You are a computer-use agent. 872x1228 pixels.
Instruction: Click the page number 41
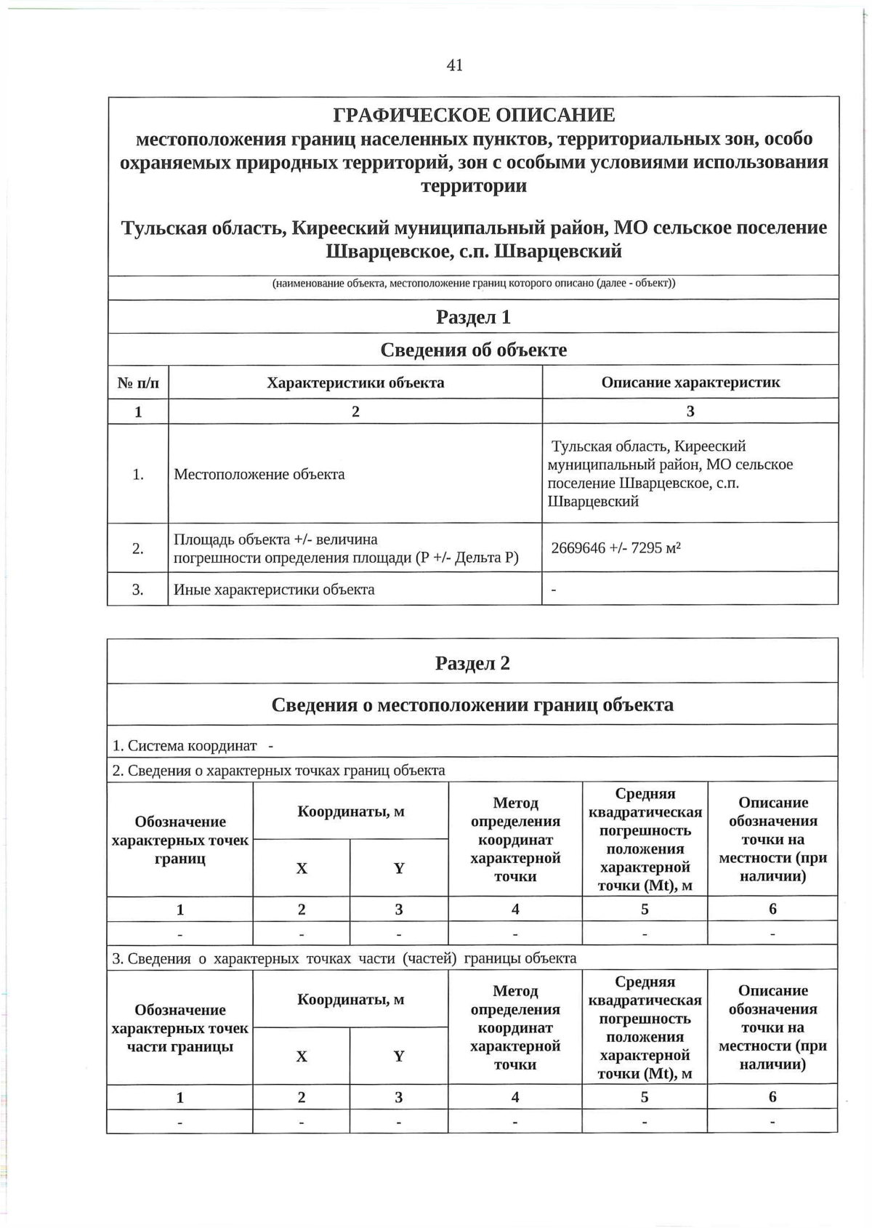pos(454,65)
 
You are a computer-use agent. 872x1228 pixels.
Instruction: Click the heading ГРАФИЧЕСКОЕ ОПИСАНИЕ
pos(474,115)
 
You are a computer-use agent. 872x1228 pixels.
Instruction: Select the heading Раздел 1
pos(473,317)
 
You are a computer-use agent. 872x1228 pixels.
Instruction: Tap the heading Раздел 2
pos(472,663)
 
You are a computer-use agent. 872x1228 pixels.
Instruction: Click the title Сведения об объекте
pos(473,350)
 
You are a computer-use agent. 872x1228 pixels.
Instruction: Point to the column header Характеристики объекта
pos(355,382)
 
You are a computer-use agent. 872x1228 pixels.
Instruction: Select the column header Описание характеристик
pos(690,382)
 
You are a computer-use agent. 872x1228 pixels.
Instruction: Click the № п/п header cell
pos(138,382)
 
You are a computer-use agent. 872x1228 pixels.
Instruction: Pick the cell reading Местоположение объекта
pos(259,474)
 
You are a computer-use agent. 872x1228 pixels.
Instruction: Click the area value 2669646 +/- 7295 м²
pos(615,547)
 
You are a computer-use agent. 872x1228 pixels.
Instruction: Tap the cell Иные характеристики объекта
pos(274,590)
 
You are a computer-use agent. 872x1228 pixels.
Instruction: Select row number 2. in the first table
pos(138,548)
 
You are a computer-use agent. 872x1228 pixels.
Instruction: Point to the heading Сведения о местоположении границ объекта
pos(472,705)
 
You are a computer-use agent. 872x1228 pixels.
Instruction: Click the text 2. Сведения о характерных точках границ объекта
pos(278,770)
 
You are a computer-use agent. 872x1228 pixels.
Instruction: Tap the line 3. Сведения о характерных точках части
pos(344,958)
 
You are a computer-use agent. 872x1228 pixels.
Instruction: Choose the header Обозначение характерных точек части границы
pos(179,1028)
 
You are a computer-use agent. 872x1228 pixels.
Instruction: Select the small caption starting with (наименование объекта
pos(473,283)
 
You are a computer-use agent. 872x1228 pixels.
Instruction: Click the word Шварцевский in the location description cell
pos(592,502)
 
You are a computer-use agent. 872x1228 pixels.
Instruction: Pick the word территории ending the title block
pos(474,185)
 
